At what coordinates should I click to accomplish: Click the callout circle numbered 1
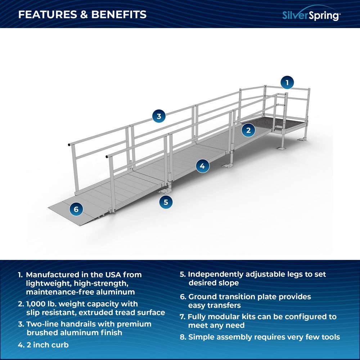tap(287, 82)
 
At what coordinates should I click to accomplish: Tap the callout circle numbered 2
tap(248, 130)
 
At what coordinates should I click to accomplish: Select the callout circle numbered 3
tap(159, 116)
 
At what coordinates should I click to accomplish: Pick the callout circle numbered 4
tap(202, 166)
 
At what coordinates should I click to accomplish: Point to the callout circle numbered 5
tap(166, 202)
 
